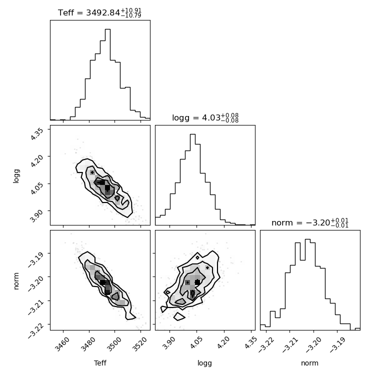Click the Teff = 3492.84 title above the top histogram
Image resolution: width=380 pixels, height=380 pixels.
tap(99, 12)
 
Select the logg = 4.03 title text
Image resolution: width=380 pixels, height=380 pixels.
tap(205, 118)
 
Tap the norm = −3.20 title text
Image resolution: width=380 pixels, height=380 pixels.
tap(310, 222)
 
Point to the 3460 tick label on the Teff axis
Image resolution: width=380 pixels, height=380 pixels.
tap(62, 344)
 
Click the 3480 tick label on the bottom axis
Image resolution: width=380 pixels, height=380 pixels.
tap(88, 344)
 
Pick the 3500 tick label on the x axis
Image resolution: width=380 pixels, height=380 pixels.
tap(114, 344)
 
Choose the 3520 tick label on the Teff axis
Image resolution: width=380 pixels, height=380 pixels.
tap(140, 344)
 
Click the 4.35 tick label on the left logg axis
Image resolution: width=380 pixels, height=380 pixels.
tap(37, 134)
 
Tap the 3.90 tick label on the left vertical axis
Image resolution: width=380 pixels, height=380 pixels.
tap(37, 215)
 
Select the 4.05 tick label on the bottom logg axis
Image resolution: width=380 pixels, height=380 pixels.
tap(196, 342)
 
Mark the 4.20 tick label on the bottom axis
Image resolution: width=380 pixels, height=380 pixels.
tap(223, 342)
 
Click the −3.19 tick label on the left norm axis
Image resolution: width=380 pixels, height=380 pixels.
tap(35, 259)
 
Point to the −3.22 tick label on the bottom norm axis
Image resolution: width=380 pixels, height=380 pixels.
tap(266, 344)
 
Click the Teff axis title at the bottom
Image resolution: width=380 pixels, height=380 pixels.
tap(100, 363)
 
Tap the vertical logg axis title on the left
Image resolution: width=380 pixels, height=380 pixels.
tap(16, 176)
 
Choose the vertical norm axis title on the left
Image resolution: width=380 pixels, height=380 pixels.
tap(16, 281)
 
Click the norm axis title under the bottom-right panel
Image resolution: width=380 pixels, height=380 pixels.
tap(309, 363)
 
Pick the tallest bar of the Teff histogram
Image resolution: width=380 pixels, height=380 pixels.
tap(107, 74)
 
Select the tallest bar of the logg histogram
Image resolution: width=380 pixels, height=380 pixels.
tap(192, 179)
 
